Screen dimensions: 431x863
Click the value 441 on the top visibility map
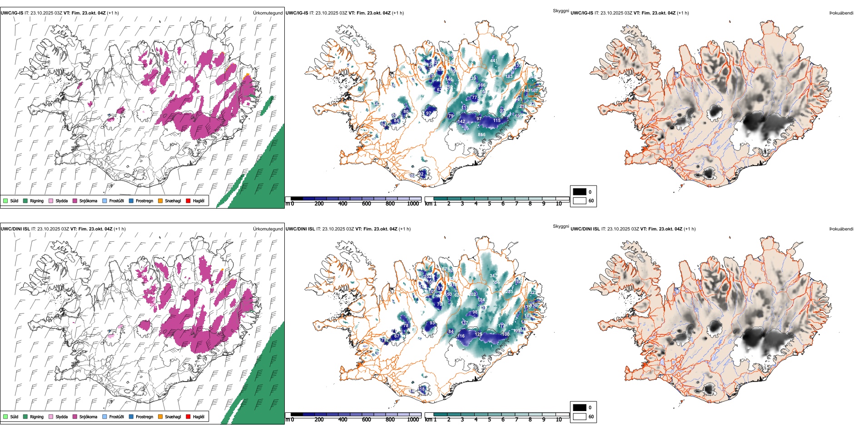pos(494,60)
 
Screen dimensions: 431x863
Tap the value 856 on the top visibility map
pos(481,134)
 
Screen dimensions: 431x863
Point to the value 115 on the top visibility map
pos(497,120)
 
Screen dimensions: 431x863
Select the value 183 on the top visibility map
pos(509,76)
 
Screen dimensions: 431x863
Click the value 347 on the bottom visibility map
pos(493,276)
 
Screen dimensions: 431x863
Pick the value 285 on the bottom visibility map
pos(510,291)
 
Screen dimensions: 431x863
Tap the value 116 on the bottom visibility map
pos(461,336)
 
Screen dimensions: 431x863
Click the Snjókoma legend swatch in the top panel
pos(75,201)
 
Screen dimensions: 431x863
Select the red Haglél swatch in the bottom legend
pos(188,416)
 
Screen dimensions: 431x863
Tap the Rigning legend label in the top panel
pos(37,201)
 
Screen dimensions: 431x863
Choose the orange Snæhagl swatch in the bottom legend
pos(160,416)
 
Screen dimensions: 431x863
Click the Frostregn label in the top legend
pos(144,201)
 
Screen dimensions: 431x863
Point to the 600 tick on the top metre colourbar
pos(367,204)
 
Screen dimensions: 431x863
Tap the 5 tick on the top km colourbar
pos(489,204)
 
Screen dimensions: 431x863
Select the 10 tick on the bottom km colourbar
pos(559,420)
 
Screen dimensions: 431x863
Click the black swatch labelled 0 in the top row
pos(580,192)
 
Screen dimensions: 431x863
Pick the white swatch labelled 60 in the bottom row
pos(580,416)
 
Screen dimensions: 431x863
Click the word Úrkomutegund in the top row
pos(268,13)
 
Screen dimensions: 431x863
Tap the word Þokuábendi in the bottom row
pos(841,229)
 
